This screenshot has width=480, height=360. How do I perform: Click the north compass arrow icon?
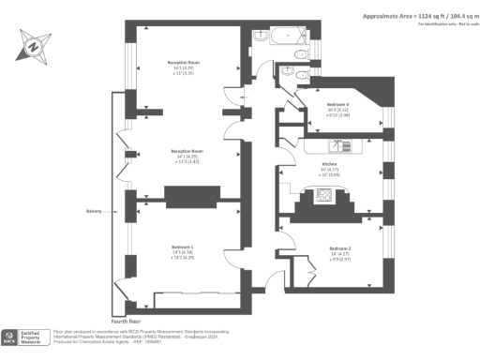[x=34, y=44]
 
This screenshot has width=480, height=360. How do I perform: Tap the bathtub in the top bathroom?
[x=282, y=39]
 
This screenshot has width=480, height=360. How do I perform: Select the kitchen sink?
[x=338, y=146]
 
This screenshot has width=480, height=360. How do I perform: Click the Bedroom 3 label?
[x=338, y=104]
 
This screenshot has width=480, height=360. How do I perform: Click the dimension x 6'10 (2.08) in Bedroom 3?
[x=338, y=116]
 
